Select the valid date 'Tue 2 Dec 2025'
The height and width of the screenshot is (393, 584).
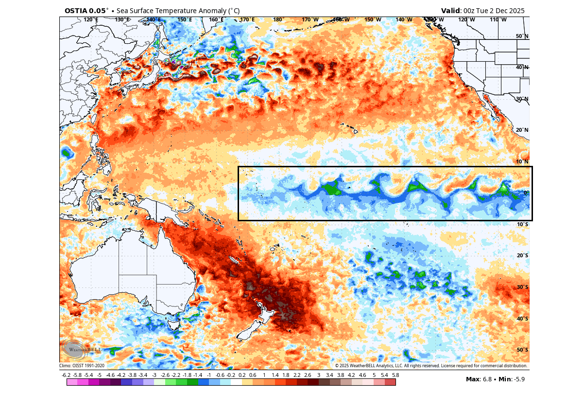[x=500, y=11]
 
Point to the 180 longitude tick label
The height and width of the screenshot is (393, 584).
[x=278, y=20]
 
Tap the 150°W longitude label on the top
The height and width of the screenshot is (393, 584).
[x=373, y=20]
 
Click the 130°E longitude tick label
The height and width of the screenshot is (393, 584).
[x=122, y=20]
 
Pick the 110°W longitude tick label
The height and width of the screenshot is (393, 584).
[x=498, y=20]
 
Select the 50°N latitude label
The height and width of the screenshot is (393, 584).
[x=522, y=36]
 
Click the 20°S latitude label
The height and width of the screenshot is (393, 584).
[x=522, y=256]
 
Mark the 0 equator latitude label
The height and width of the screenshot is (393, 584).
[x=525, y=193]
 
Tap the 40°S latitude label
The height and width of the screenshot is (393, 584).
[x=522, y=319]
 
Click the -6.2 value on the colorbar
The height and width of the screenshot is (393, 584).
[x=67, y=375]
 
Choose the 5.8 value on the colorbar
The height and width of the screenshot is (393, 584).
[x=395, y=375]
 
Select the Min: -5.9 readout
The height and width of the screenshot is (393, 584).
[x=512, y=379]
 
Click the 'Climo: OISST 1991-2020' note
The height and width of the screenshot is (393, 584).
[x=82, y=366]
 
